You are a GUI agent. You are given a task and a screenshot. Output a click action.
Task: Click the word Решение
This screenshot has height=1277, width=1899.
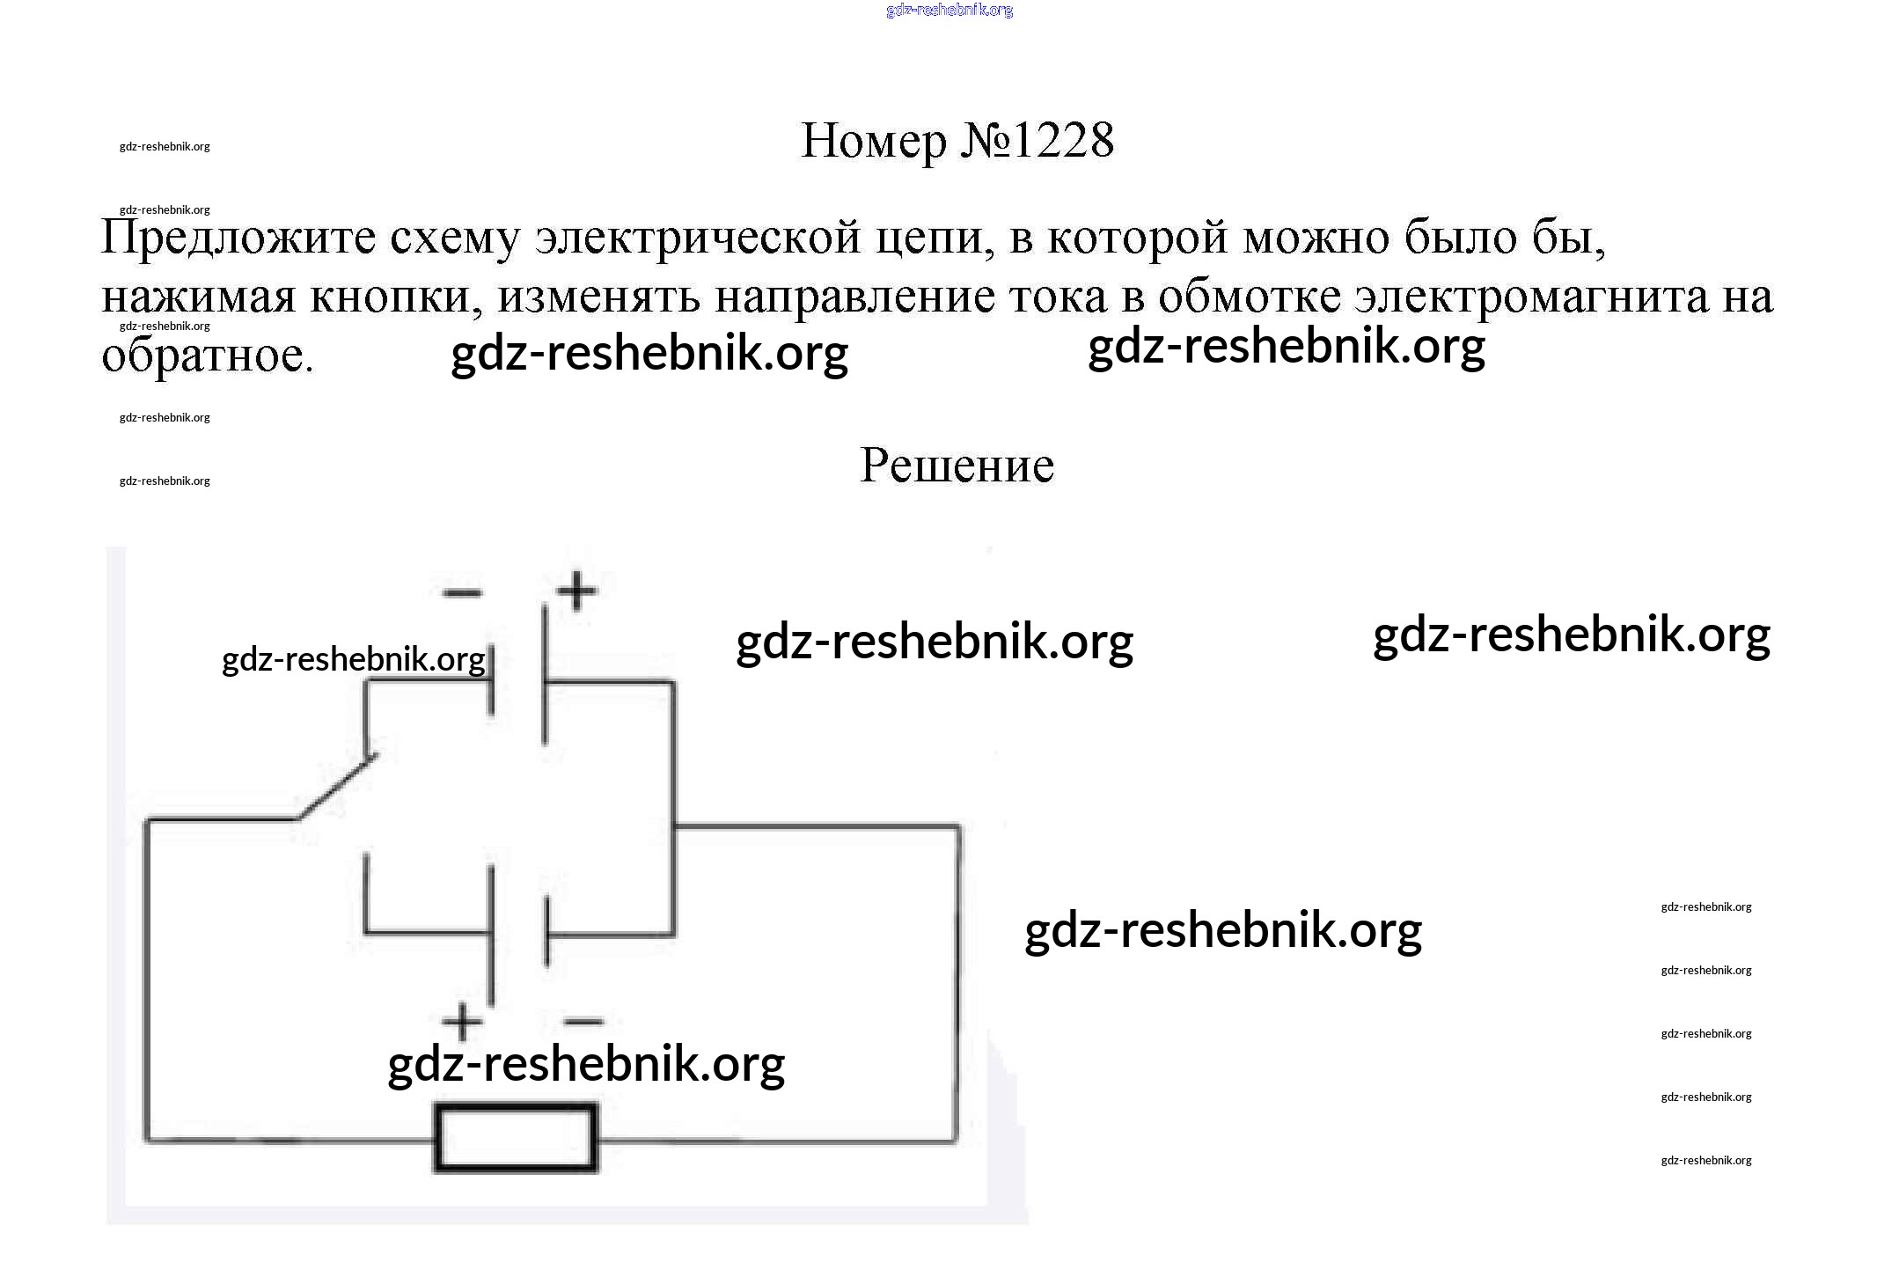click(957, 466)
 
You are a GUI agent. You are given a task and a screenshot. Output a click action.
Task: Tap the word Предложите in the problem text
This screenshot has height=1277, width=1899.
click(238, 238)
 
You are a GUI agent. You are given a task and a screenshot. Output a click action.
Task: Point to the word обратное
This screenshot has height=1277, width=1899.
click(207, 356)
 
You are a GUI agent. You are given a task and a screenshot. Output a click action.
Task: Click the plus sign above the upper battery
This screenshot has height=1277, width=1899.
click(576, 591)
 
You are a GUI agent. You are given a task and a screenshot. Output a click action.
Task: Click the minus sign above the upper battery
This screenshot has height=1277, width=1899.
click(462, 592)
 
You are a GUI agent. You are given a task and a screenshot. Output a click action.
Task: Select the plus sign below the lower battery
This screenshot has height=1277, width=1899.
click(462, 1023)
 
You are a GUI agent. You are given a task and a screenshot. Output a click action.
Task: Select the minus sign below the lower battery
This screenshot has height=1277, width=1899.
click(583, 1023)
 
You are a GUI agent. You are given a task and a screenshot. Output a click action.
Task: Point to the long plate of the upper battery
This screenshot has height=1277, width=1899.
click(545, 673)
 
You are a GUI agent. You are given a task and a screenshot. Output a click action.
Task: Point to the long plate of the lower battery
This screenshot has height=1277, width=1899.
click(491, 935)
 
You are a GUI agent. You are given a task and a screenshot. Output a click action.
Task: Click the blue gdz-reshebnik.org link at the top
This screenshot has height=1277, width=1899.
click(949, 11)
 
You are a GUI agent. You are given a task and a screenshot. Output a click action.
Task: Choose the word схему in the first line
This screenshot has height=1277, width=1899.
click(455, 238)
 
